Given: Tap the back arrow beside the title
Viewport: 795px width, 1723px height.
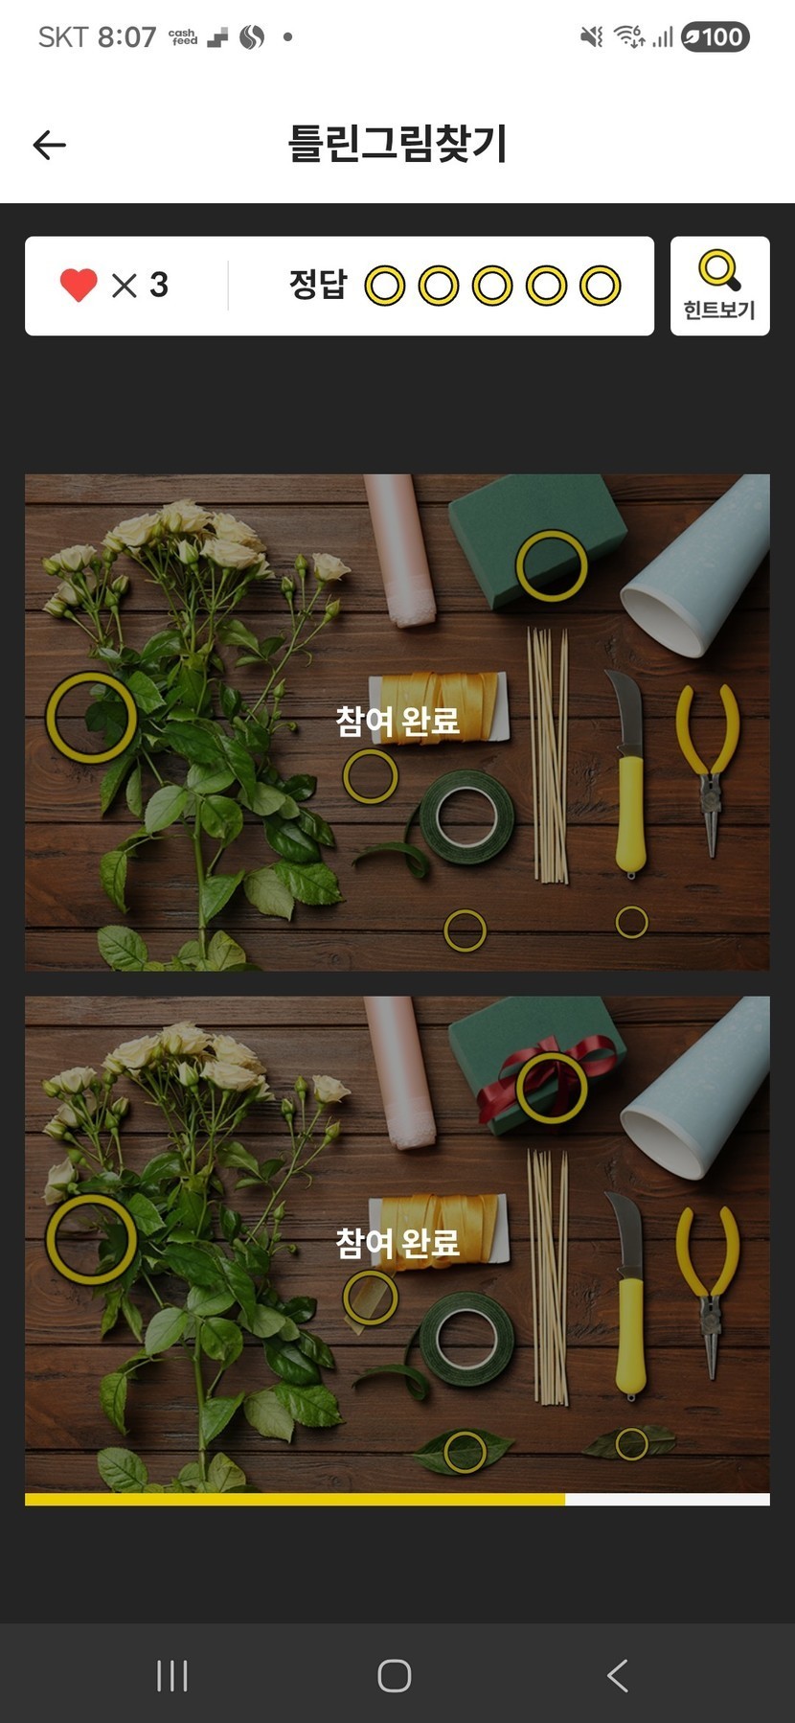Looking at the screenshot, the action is (x=49, y=145).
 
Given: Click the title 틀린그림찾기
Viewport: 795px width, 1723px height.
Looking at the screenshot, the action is (x=397, y=144).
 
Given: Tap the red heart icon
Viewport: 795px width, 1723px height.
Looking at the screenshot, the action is (x=79, y=285).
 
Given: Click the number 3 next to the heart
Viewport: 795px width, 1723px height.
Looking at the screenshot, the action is (x=159, y=285).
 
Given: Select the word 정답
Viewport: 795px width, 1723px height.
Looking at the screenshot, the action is (x=317, y=284).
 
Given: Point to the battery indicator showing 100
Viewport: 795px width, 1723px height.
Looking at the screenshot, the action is (x=715, y=37).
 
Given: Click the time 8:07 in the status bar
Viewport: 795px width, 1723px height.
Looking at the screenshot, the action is (x=126, y=37).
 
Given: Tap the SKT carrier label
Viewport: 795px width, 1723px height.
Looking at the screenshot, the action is (x=62, y=37).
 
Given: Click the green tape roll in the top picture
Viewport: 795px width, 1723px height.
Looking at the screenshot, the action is (x=466, y=817).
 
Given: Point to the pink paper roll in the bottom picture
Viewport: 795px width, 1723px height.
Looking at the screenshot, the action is (x=400, y=1071).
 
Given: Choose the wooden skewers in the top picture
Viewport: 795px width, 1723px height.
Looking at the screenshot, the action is (x=549, y=755).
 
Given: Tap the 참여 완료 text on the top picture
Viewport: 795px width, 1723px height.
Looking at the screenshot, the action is (x=397, y=721).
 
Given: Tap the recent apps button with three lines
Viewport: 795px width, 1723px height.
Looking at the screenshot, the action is (x=172, y=1675).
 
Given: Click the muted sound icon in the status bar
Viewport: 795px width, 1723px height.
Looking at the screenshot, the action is (x=592, y=37).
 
